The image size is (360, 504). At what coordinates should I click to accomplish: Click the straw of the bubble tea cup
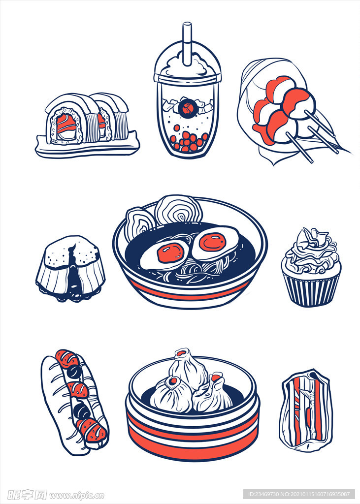coord(187,43)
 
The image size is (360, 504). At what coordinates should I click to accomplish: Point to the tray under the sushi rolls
coord(87,147)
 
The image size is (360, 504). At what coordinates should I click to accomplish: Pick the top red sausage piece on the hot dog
coord(66,358)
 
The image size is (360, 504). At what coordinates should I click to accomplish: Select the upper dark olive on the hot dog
coord(74,372)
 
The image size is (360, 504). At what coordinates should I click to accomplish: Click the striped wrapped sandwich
coord(306,410)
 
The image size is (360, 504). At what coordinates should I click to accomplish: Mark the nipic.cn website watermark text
coord(76,495)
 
